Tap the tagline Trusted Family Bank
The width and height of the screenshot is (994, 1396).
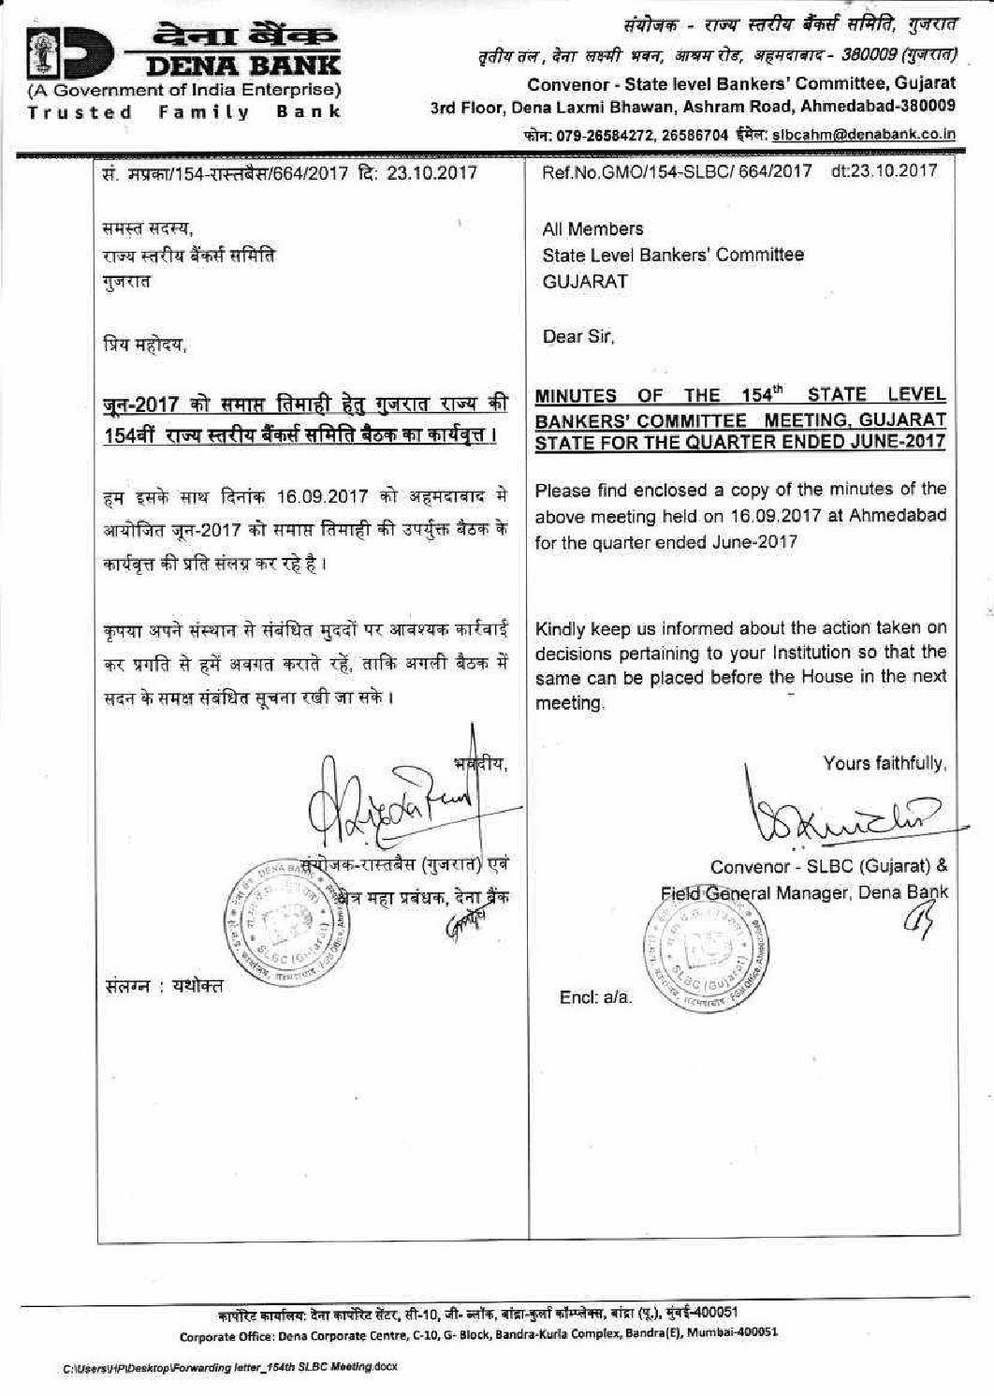click(183, 112)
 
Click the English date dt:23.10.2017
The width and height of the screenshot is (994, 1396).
click(883, 170)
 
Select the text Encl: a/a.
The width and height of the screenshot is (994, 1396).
click(596, 997)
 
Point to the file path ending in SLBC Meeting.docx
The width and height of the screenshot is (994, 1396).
click(230, 1366)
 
